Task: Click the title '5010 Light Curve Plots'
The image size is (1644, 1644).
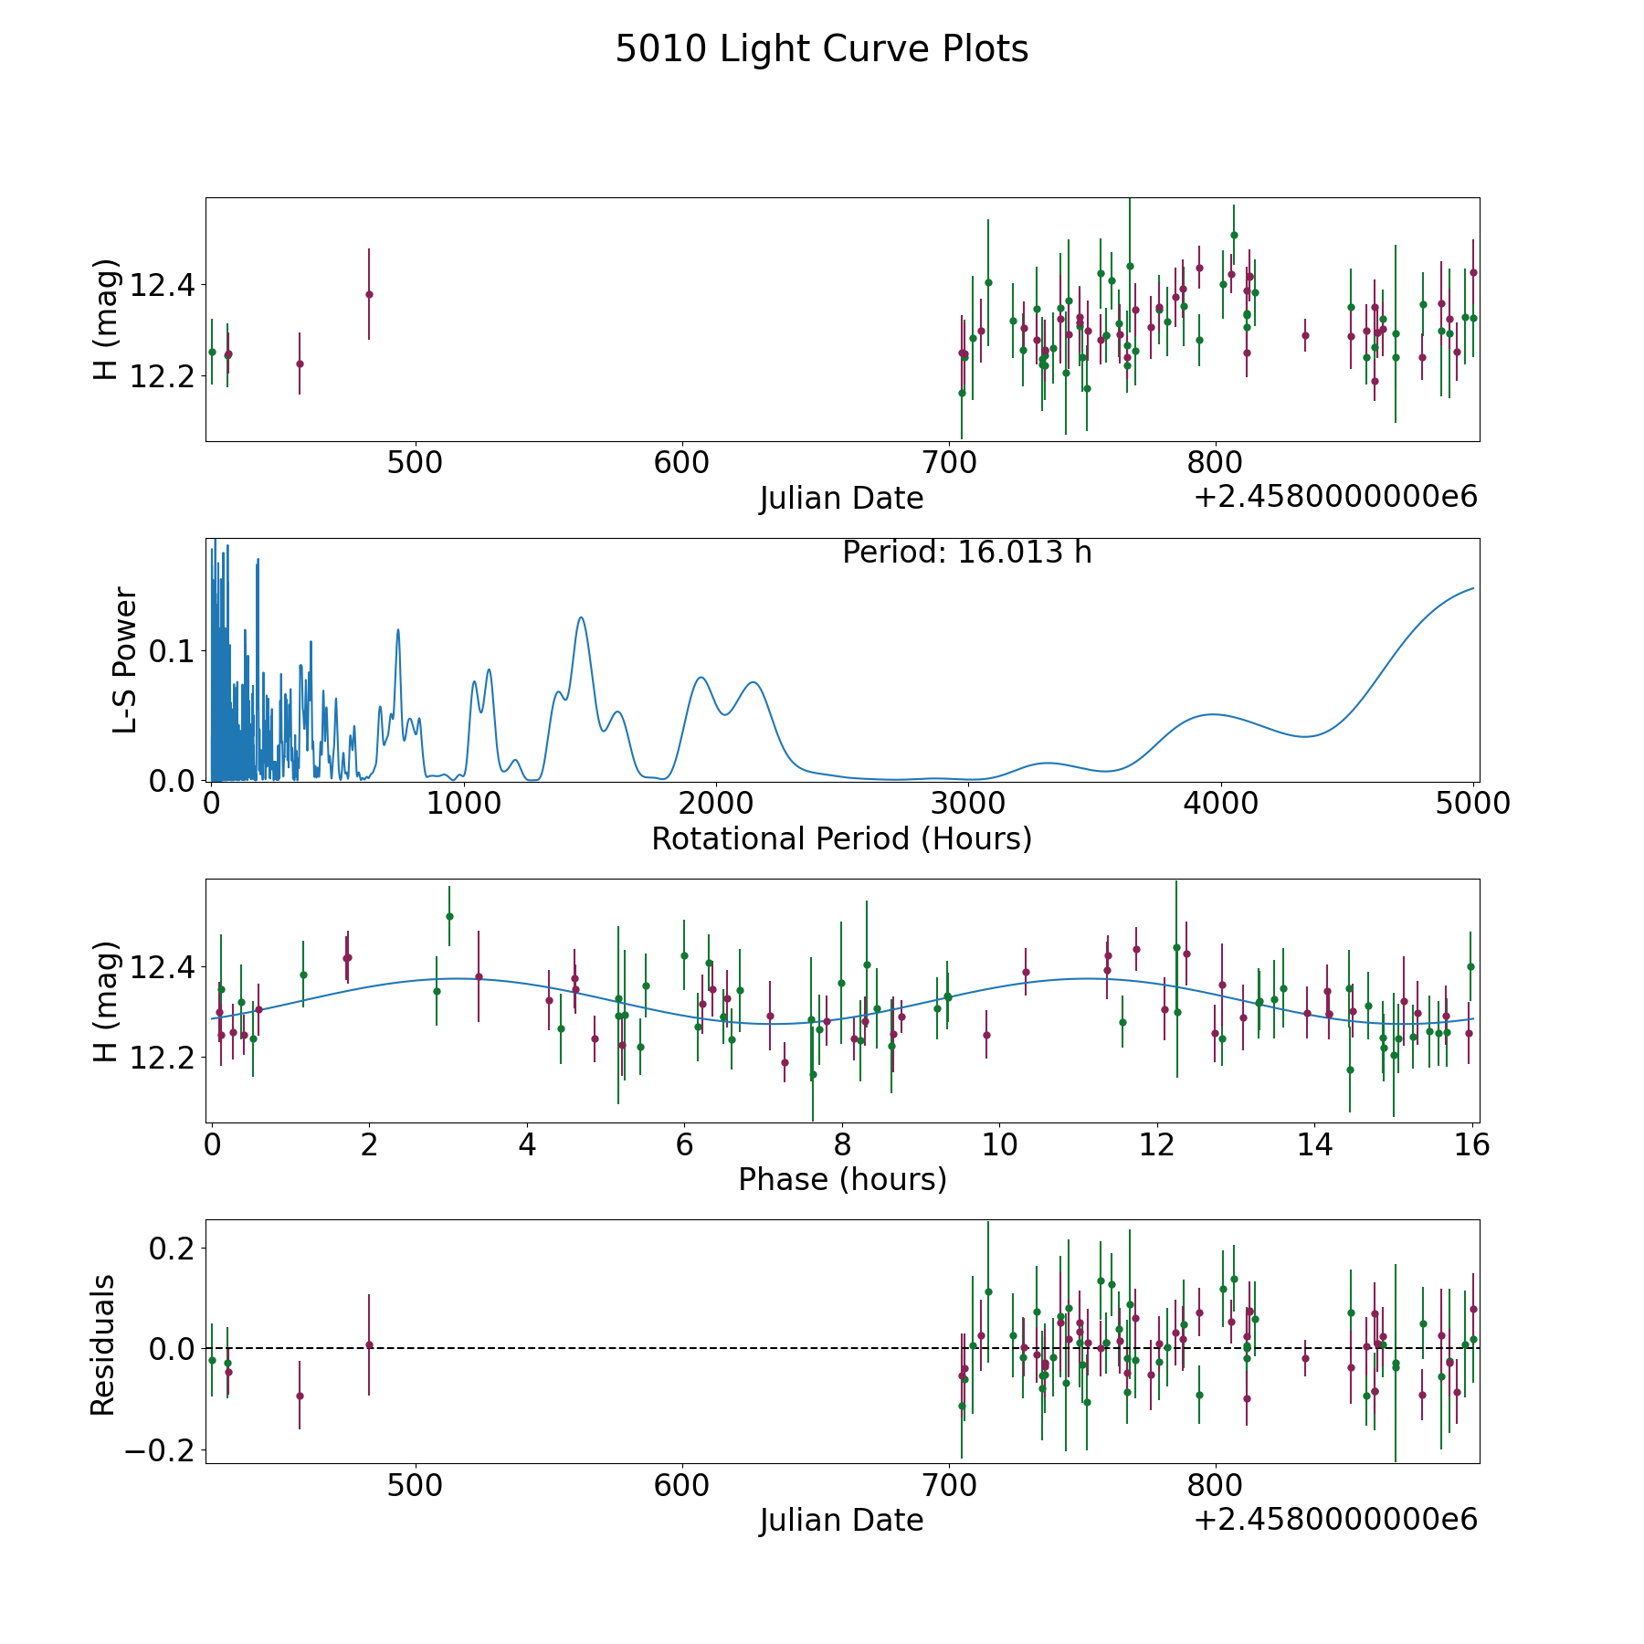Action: tap(821, 49)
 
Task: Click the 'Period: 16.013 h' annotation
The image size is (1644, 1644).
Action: tap(966, 553)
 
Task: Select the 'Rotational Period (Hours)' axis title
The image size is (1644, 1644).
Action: tap(841, 838)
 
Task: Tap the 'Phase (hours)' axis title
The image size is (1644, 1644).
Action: tap(841, 1179)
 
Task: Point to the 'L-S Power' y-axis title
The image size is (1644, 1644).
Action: tap(125, 659)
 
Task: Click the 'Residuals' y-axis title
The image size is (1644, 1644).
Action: tap(103, 1344)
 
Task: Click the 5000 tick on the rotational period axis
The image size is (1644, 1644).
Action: tap(1473, 804)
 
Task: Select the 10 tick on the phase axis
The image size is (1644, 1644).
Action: tap(999, 1144)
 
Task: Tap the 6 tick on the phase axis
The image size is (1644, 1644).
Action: tap(684, 1144)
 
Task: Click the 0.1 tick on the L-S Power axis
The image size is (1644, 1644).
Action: tap(174, 651)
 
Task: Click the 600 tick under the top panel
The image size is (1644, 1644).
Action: tap(682, 463)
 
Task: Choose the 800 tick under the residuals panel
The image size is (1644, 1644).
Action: tap(1216, 1485)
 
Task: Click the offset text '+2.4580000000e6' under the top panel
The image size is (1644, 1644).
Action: tap(1335, 498)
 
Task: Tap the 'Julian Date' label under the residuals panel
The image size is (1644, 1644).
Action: tap(841, 1521)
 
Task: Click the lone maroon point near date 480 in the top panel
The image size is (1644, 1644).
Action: tap(369, 294)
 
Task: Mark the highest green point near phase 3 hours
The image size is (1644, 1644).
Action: tap(449, 916)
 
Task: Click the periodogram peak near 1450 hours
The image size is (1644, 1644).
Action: tap(580, 618)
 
